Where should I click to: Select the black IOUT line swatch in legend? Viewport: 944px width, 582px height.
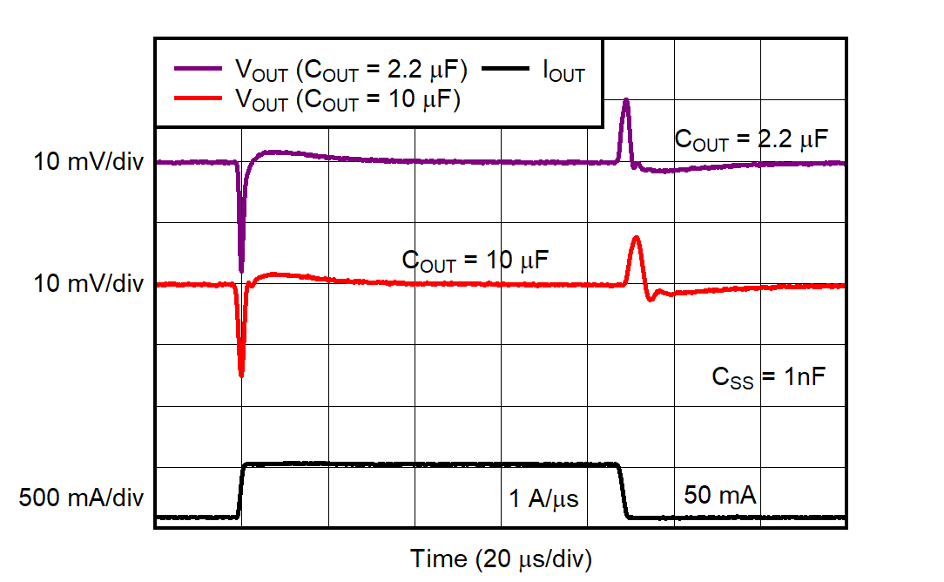click(509, 69)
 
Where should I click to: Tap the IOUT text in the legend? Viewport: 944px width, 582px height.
click(563, 71)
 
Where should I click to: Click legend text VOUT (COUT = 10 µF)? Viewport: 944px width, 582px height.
click(347, 100)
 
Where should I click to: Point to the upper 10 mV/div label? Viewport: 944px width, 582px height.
click(89, 162)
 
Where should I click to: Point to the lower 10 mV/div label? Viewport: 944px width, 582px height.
click(89, 285)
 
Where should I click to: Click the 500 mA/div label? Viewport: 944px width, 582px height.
click(82, 498)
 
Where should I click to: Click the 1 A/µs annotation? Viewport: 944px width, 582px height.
click(543, 499)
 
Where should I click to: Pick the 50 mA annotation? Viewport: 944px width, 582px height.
click(719, 496)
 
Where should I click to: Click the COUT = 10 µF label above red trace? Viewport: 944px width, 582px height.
click(475, 260)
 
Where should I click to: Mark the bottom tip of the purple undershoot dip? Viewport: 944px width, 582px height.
click(241, 271)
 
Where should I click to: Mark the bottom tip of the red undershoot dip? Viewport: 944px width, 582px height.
click(241, 376)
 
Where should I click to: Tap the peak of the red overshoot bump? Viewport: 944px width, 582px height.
click(637, 237)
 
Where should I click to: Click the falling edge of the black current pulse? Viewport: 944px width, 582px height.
click(624, 491)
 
